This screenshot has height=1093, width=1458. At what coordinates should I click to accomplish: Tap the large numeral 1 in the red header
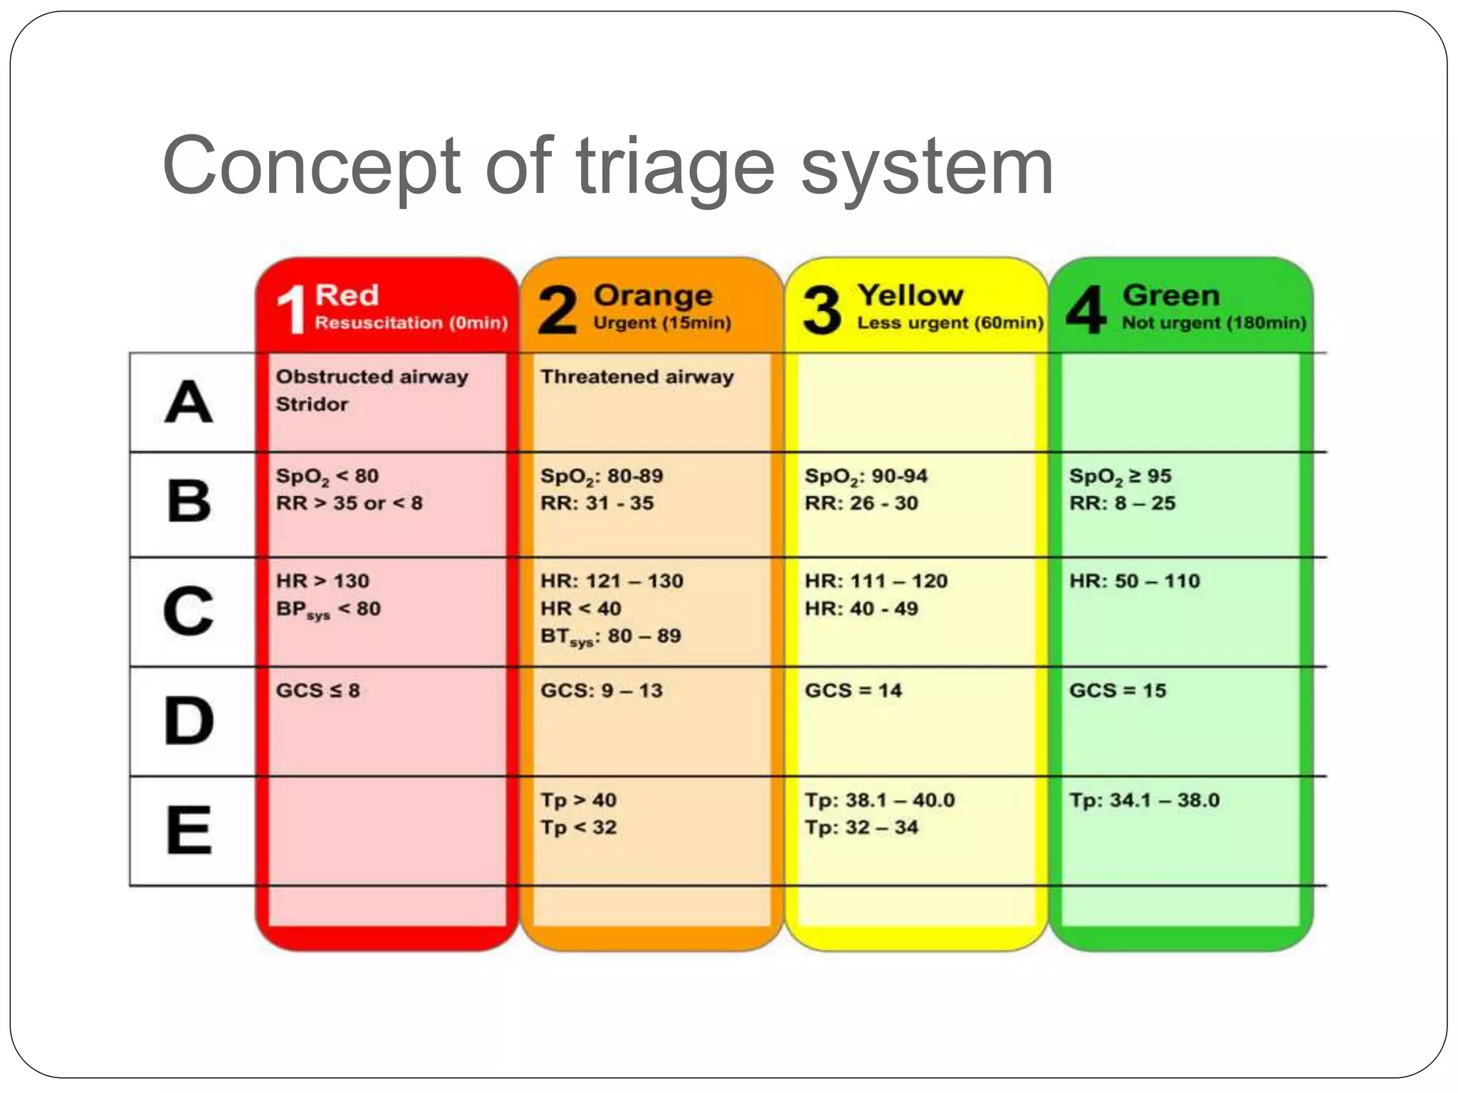click(x=291, y=309)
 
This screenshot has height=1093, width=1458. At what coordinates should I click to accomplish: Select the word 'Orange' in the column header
click(x=653, y=295)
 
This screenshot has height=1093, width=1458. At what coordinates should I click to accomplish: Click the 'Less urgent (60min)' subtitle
click(x=950, y=323)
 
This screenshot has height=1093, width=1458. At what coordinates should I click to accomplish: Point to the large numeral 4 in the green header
click(x=1086, y=309)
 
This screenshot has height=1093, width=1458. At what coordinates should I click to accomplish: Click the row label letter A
click(x=189, y=402)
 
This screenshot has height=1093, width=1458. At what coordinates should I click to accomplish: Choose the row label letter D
click(x=189, y=721)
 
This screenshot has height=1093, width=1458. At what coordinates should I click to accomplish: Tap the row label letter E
click(x=189, y=830)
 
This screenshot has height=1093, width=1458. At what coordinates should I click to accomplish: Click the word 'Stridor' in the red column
click(x=312, y=404)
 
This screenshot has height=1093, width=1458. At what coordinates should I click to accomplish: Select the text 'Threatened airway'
click(x=636, y=376)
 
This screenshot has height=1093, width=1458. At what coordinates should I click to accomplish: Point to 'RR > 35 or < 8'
click(x=349, y=503)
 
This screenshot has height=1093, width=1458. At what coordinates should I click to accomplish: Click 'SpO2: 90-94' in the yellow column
click(x=866, y=476)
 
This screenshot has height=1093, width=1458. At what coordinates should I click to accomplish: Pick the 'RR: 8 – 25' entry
click(x=1122, y=503)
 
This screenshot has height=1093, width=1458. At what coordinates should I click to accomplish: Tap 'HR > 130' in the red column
click(x=322, y=581)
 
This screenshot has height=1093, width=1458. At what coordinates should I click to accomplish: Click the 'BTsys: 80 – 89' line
click(x=610, y=636)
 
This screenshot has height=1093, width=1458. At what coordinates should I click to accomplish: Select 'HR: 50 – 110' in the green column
click(x=1134, y=581)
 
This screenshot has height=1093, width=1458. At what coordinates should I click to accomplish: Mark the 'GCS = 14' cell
click(x=853, y=690)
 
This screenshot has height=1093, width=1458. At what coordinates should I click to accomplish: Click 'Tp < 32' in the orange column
click(x=578, y=828)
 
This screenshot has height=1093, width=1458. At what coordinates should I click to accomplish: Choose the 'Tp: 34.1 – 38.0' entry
click(x=1144, y=800)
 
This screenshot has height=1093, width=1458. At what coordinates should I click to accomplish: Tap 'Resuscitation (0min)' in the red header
click(x=411, y=323)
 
